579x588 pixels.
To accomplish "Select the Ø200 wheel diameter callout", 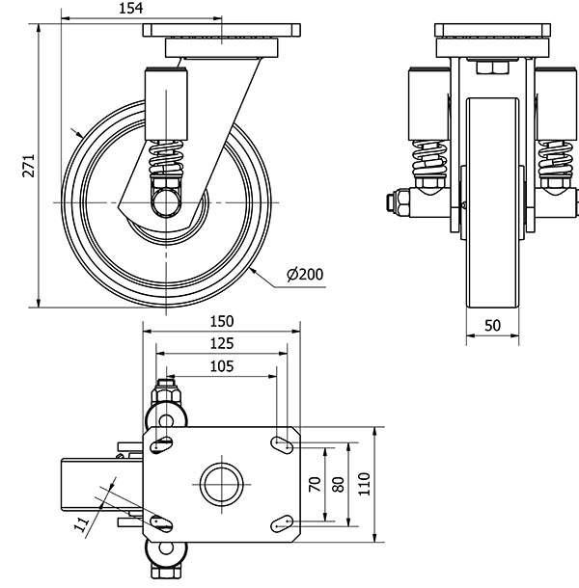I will click(305, 275).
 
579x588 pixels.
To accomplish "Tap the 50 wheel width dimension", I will click(492, 326).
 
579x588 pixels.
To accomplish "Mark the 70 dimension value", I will click(315, 484).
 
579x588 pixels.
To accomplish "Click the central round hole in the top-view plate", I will click(221, 484).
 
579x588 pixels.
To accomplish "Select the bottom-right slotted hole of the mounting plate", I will click(282, 523).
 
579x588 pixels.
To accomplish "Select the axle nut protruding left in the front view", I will click(396, 201).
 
